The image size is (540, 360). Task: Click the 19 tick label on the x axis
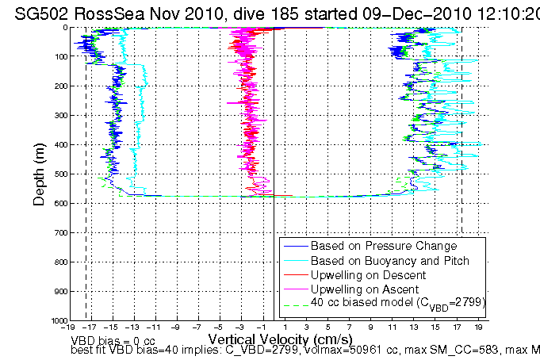479,327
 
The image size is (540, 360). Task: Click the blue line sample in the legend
294,247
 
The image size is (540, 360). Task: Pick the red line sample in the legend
294,275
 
